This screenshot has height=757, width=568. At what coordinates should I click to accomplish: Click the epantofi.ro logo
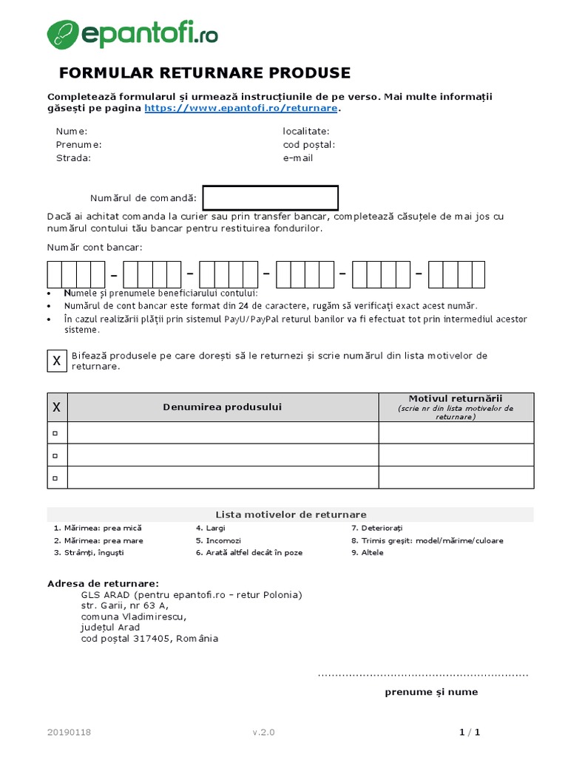132,35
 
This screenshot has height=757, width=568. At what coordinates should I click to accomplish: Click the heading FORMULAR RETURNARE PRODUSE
205,73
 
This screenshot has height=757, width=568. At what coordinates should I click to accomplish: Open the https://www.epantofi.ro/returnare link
241,108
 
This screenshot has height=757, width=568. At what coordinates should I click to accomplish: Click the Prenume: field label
79,145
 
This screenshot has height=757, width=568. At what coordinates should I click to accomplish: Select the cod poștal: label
308,145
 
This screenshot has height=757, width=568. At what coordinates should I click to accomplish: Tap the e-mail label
298,158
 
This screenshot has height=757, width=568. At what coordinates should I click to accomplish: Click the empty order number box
271,198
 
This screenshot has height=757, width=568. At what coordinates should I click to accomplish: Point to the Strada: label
74,158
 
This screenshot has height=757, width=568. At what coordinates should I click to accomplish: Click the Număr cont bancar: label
95,248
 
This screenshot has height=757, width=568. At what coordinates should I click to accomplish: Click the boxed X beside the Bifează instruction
56,361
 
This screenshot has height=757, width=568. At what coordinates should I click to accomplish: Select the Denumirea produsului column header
223,407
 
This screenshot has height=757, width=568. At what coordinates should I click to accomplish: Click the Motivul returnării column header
456,398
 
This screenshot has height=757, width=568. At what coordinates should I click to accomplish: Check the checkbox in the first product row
55,433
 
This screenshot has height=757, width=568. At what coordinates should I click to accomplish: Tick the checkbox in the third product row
55,478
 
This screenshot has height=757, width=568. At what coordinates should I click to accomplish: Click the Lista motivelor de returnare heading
290,515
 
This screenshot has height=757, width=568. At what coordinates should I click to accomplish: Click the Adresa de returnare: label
103,583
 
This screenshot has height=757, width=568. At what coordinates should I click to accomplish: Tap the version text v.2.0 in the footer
263,733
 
